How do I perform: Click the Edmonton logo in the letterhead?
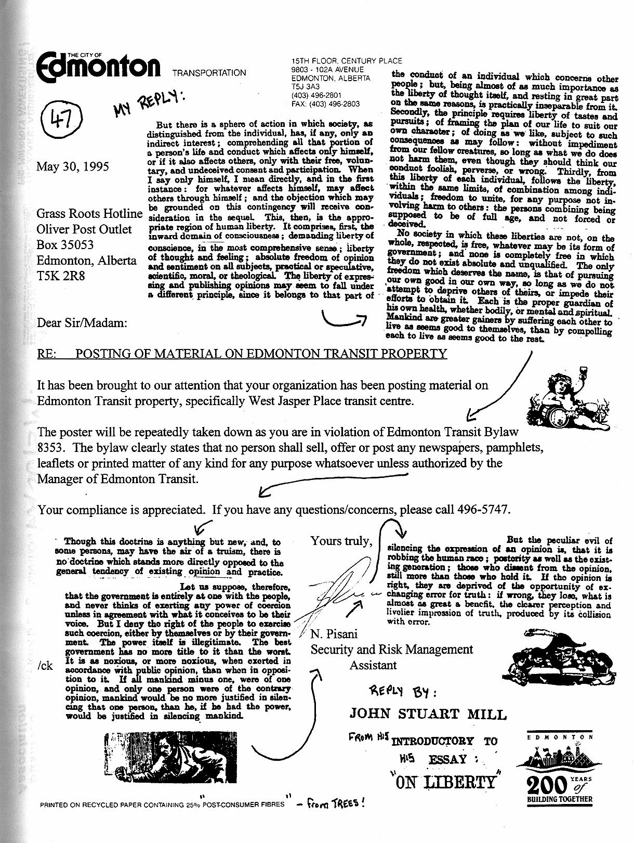(99, 67)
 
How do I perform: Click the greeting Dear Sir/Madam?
(82, 322)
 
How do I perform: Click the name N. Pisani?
(334, 634)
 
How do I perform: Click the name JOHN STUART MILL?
(428, 714)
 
